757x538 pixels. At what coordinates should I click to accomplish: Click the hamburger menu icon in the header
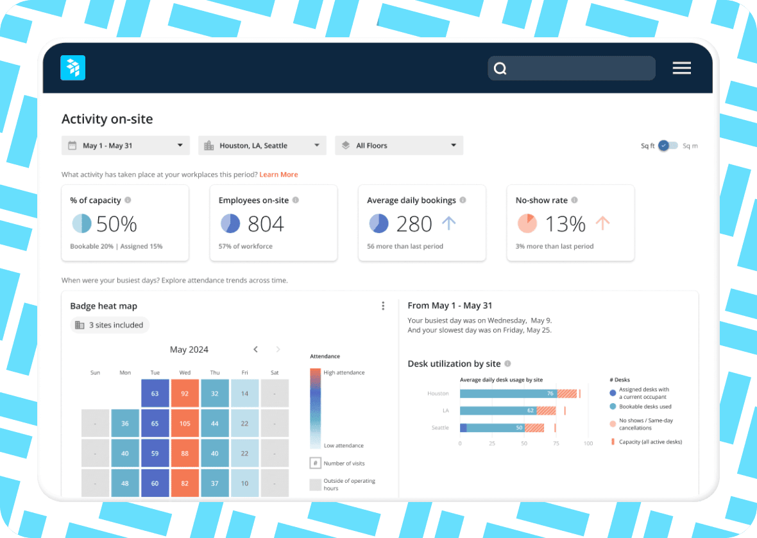point(681,68)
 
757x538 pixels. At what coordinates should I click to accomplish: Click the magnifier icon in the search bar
point(500,69)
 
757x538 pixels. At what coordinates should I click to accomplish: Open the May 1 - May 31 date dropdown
point(126,146)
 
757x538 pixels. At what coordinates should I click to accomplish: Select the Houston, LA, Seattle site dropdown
point(262,146)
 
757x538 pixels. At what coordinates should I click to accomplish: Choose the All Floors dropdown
point(398,146)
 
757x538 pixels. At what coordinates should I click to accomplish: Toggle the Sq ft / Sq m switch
point(668,146)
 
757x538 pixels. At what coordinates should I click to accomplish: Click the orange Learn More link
point(278,175)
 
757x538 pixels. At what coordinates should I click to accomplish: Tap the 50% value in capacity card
point(117,224)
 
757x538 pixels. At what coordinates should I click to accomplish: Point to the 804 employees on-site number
point(266,224)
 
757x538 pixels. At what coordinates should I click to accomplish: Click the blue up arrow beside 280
point(448,223)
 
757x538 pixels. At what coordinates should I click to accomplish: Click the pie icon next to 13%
point(527,223)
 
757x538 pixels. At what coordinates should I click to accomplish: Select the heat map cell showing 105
point(185,424)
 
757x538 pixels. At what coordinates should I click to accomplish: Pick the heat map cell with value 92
point(185,394)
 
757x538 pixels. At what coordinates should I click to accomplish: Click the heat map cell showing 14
point(244,394)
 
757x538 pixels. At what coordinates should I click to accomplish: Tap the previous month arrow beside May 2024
point(255,349)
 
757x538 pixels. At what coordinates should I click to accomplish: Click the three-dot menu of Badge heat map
point(383,306)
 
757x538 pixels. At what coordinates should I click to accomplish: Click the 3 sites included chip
point(110,325)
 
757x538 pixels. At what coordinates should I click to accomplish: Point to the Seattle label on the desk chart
point(439,428)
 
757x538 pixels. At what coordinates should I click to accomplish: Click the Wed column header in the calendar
point(185,372)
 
